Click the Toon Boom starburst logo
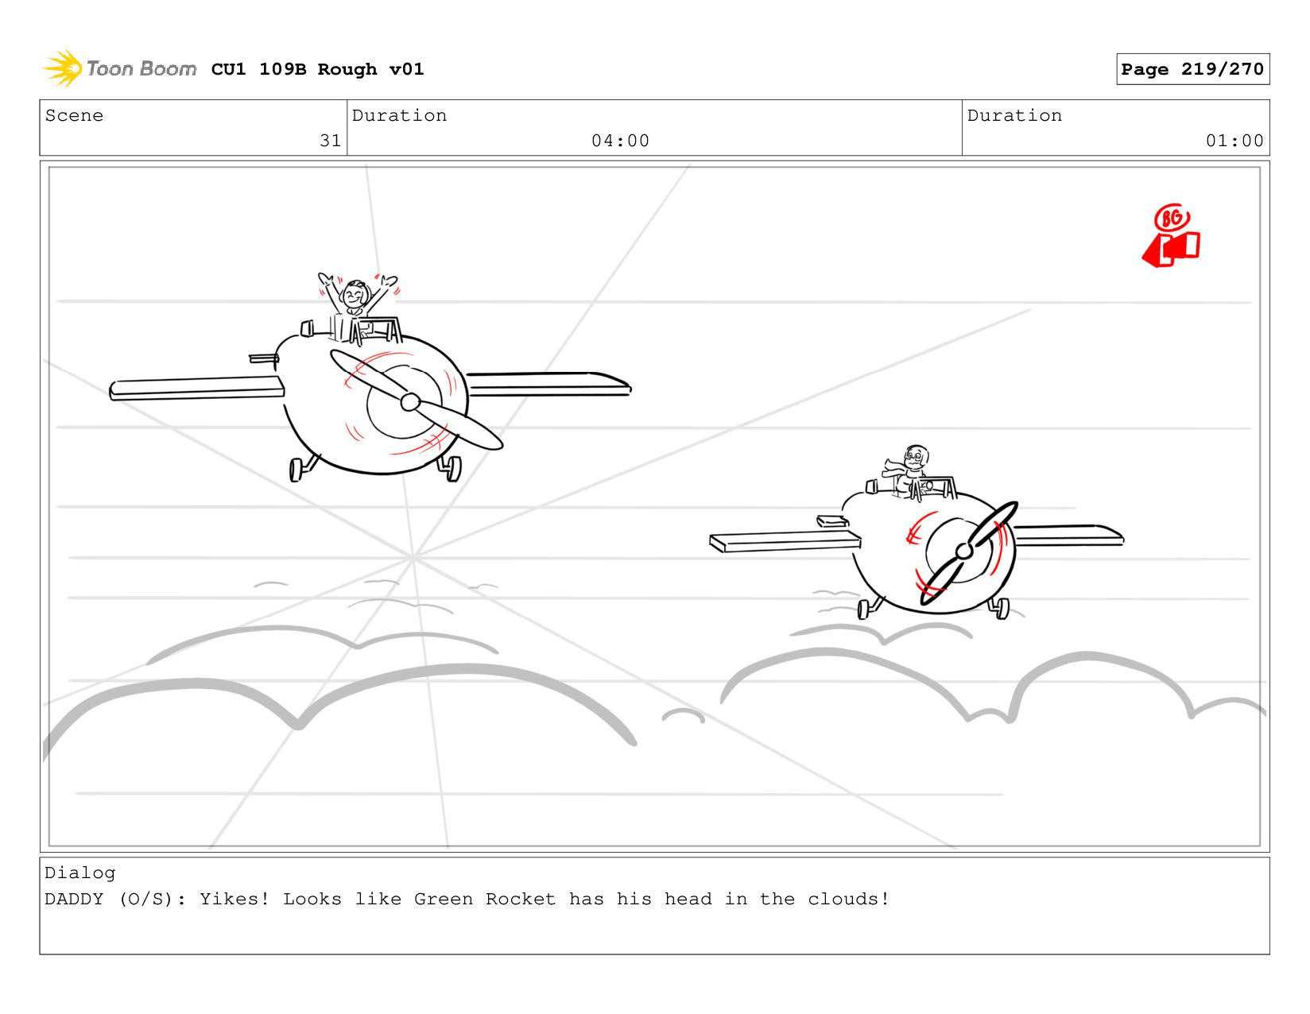63,68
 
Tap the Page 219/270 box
1192,69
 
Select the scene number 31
330,141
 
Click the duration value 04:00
620,141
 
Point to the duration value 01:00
1234,141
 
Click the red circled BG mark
1171,218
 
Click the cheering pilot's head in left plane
355,295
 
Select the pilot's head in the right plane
915,457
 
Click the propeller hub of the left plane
410,401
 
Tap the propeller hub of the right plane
964,550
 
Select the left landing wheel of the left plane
296,470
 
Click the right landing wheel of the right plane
1001,609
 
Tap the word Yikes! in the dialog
234,899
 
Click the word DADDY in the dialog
74,899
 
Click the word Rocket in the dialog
520,899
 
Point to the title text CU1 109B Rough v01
318,69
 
